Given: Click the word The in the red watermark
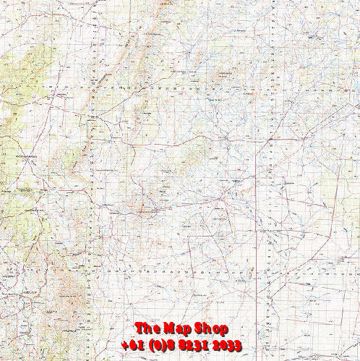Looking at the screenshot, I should coord(147,329).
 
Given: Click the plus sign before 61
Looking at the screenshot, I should coord(125,346).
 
